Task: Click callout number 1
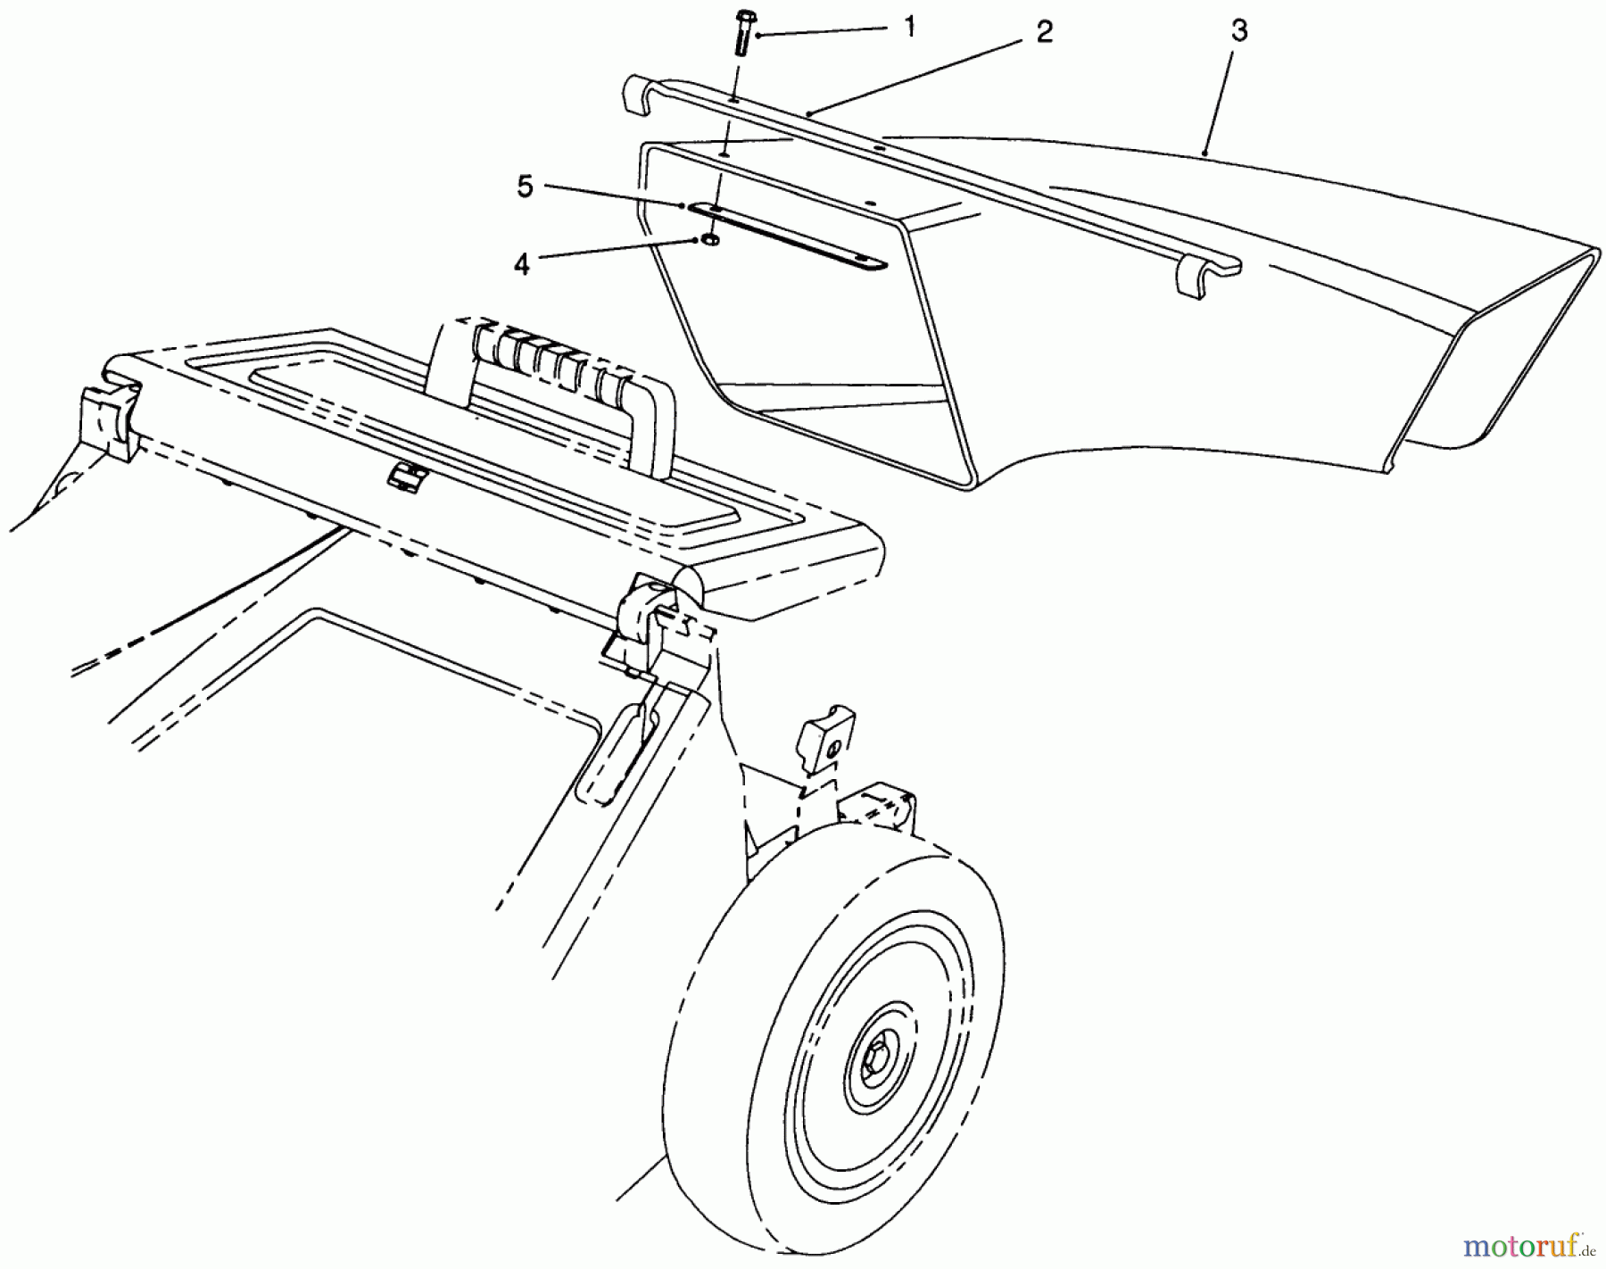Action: (909, 28)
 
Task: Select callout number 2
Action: (1045, 33)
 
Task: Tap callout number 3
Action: (1238, 31)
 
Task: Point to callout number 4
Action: (521, 264)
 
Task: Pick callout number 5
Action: (526, 188)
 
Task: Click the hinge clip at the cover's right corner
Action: (642, 616)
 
